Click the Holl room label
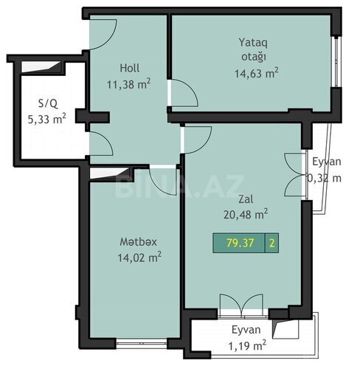[130, 68]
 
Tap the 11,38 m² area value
[128, 84]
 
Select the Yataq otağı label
[253, 49]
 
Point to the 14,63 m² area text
[257, 73]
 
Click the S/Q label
[48, 103]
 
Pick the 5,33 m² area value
[47, 119]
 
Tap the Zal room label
[246, 199]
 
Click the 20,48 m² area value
[246, 214]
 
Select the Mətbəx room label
[138, 242]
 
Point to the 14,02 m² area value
[139, 258]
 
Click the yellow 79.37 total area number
[240, 243]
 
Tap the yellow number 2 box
[271, 243]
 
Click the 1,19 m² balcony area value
[247, 345]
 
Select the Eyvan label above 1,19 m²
[246, 330]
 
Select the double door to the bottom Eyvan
[242, 304]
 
